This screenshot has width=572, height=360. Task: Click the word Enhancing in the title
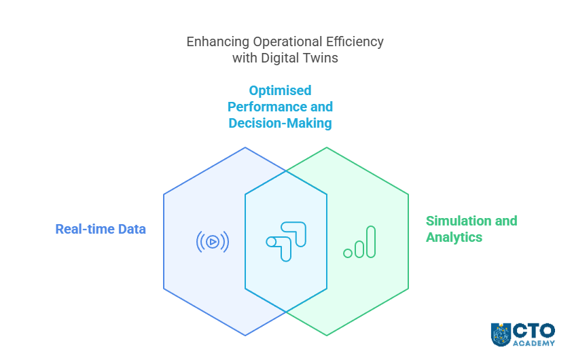click(x=218, y=41)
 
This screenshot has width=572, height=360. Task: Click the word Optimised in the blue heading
click(x=280, y=90)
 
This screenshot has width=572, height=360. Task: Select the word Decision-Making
click(x=280, y=123)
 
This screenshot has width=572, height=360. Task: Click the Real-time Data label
click(x=101, y=229)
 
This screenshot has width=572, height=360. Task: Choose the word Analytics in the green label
click(x=454, y=237)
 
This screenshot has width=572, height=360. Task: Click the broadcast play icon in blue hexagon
click(x=213, y=241)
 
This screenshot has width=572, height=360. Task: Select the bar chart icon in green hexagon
click(x=359, y=242)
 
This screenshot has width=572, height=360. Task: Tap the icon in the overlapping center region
click(x=286, y=241)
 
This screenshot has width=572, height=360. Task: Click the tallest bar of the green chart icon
click(x=371, y=242)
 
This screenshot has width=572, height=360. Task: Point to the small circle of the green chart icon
click(x=348, y=253)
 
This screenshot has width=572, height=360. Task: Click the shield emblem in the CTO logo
click(x=501, y=335)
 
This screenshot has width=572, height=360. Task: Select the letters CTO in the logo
click(x=534, y=331)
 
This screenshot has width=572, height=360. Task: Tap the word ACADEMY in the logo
click(x=534, y=343)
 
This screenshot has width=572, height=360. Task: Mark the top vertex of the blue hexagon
click(x=245, y=147)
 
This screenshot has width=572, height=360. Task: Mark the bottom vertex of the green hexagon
click(x=327, y=336)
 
